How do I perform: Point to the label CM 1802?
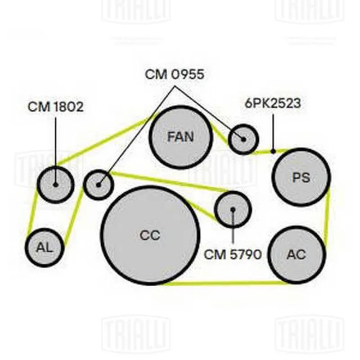pos(55,107)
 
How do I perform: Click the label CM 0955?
pos(174,74)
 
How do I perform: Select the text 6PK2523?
pos(273,103)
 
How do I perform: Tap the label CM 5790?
pos(233,254)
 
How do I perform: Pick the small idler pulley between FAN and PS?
pos(243,139)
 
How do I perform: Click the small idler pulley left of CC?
pos(99,184)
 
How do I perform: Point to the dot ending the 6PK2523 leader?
pos(273,151)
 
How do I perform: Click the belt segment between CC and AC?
pos(225,283)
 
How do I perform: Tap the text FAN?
pos(180,137)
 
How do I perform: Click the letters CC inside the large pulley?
pos(150,235)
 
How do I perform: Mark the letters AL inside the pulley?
pos(45,247)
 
